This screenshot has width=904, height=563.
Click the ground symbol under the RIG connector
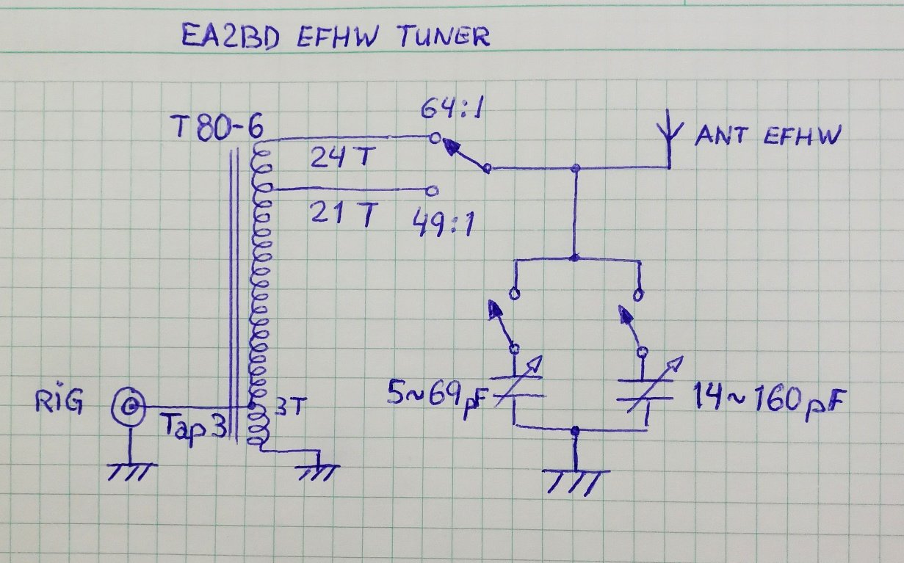point(130,470)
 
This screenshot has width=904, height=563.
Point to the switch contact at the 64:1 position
point(435,137)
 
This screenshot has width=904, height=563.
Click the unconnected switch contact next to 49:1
point(433,191)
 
